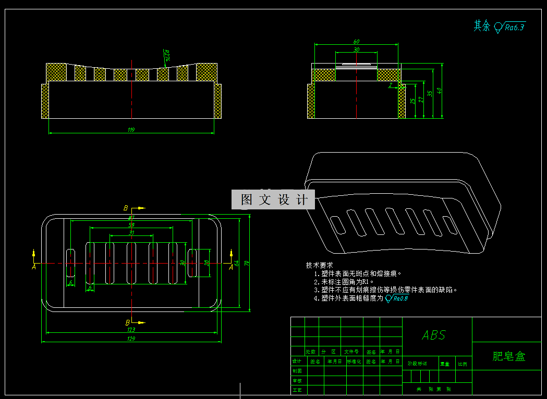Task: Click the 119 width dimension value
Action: [131, 130]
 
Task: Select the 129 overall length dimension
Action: [131, 339]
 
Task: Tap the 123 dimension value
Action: [131, 330]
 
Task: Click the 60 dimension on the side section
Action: [357, 42]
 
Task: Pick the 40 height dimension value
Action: [439, 91]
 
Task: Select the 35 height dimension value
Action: [430, 94]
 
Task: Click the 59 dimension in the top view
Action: [131, 225]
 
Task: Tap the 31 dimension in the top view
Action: [131, 232]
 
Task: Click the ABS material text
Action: [434, 335]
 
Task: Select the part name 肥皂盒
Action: [509, 356]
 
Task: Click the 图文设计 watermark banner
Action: [273, 199]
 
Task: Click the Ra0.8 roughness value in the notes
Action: [399, 298]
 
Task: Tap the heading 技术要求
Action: [319, 265]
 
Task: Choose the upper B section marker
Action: [126, 208]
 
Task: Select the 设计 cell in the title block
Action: [297, 361]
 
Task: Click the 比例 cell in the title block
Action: [463, 364]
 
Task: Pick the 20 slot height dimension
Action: [206, 263]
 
